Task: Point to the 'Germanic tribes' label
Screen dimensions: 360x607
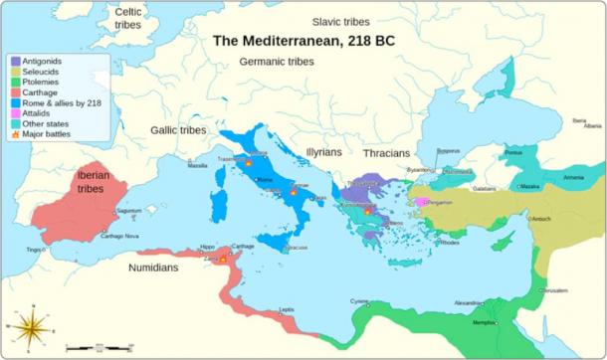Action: click(277, 63)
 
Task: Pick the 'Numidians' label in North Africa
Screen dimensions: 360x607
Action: click(161, 268)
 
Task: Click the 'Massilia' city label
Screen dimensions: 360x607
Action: click(198, 166)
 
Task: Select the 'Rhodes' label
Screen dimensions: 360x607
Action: click(450, 243)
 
